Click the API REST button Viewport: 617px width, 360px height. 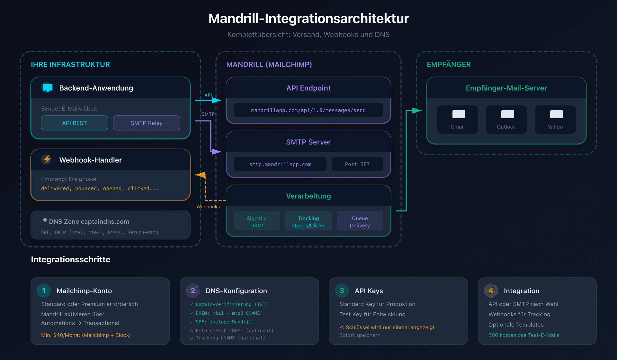pyautogui.click(x=75, y=123)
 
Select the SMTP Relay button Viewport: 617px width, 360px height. pyautogui.click(x=147, y=123)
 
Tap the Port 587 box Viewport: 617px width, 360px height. pyautogui.click(x=357, y=164)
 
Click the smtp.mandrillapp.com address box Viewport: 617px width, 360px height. pyautogui.click(x=280, y=164)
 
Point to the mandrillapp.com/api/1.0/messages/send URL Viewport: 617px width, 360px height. pyautogui.click(x=308, y=110)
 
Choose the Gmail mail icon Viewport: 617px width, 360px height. pyautogui.click(x=459, y=114)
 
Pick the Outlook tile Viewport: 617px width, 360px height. pyautogui.click(x=506, y=120)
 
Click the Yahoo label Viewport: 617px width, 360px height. pyautogui.click(x=555, y=127)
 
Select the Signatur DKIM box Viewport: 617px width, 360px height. pyautogui.click(x=257, y=221)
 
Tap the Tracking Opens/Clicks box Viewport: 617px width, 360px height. pyautogui.click(x=308, y=221)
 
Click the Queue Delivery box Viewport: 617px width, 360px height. pyautogui.click(x=360, y=221)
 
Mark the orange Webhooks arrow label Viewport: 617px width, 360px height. pyautogui.click(x=208, y=207)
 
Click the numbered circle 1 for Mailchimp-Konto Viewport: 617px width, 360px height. pyautogui.click(x=44, y=291)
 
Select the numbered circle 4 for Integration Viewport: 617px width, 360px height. pyautogui.click(x=491, y=291)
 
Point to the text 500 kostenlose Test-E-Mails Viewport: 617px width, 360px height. pyautogui.click(x=523, y=335)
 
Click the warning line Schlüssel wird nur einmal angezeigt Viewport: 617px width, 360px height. pyautogui.click(x=387, y=327)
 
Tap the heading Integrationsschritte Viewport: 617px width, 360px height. pyautogui.click(x=70, y=259)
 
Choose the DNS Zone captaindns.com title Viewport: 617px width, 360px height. pyautogui.click(x=89, y=221)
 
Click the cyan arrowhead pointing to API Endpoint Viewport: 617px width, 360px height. pyautogui.click(x=217, y=100)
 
